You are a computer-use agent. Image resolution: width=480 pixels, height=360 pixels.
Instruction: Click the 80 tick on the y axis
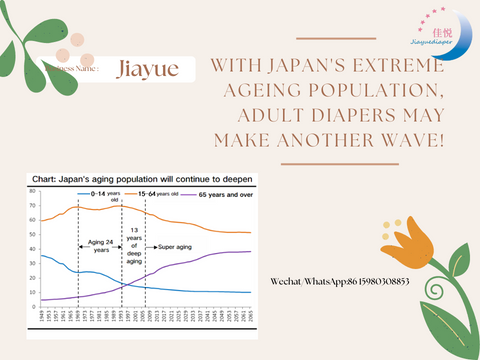(x=32, y=190)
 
